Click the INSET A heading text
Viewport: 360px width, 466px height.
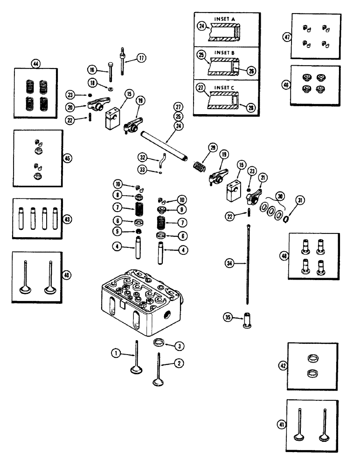coord(226,18)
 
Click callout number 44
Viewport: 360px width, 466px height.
coord(35,63)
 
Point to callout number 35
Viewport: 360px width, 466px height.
coord(228,319)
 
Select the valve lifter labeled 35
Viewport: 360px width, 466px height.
coord(245,321)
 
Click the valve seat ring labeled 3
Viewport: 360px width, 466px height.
coord(159,344)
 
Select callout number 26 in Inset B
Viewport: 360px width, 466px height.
coord(252,71)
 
